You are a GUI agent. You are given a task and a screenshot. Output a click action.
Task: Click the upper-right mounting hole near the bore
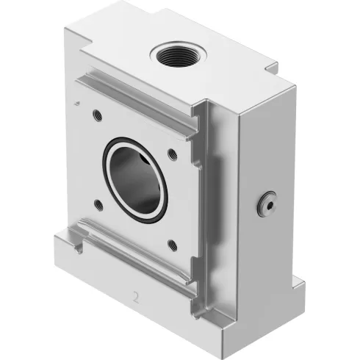tap(171, 154)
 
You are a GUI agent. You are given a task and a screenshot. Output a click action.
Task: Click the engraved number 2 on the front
tap(134, 299)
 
